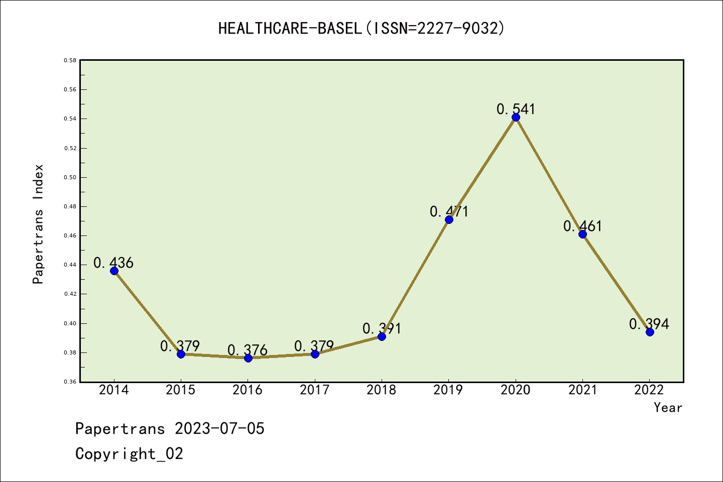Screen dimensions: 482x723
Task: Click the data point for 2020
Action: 516,117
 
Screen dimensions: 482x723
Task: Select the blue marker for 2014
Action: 114,271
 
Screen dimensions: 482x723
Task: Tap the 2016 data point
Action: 248,358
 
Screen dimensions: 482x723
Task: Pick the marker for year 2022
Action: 650,332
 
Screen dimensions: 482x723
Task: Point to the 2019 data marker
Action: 449,219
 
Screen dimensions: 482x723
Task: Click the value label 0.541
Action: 516,109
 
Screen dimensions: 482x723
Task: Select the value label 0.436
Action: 113,263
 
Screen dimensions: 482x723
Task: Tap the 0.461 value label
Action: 582,226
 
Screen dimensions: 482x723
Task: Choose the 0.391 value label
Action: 382,329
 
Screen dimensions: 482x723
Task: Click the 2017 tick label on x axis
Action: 315,390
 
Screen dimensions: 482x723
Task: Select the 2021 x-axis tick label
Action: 582,390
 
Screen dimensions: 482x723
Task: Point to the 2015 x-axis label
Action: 181,390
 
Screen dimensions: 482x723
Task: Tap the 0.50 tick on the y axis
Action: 70,177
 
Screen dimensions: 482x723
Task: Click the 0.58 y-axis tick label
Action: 70,60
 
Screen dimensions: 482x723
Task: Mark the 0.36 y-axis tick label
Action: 70,382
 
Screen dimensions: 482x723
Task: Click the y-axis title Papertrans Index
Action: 38,224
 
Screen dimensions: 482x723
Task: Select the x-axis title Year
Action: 668,408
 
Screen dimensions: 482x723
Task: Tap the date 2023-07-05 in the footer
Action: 219,429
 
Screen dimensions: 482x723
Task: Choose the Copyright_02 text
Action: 129,454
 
